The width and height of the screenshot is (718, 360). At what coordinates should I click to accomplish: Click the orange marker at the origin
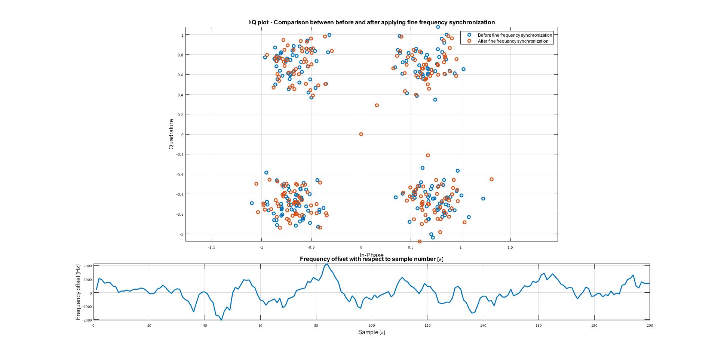[x=361, y=134]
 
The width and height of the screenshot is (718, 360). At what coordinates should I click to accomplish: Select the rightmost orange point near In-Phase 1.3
[x=491, y=179]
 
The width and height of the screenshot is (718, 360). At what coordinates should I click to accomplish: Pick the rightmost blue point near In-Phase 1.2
[x=483, y=199]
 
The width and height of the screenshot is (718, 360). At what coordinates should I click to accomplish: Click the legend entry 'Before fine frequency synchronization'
[x=515, y=35]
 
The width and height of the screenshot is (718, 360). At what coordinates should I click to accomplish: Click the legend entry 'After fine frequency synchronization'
[x=513, y=41]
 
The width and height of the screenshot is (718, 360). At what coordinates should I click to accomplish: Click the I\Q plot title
[x=371, y=22]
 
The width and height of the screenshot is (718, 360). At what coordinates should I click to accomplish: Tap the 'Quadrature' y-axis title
[x=171, y=134]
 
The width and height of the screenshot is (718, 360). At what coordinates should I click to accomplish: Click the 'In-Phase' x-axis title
[x=371, y=255]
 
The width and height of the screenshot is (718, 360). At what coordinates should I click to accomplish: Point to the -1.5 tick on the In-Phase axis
[x=212, y=247]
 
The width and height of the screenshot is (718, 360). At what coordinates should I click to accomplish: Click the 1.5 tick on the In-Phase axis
[x=510, y=247]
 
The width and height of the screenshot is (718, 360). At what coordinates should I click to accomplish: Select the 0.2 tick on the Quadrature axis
[x=181, y=114]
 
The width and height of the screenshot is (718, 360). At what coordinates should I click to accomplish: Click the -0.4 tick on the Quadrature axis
[x=180, y=174]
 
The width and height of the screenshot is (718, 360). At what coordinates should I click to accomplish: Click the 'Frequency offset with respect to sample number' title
[x=371, y=259]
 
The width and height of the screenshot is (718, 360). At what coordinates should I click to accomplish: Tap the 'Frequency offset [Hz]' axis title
[x=78, y=292]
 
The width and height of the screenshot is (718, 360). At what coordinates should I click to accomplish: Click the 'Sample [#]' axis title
[x=371, y=332]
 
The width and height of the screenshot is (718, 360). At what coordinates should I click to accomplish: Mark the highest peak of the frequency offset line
[x=327, y=264]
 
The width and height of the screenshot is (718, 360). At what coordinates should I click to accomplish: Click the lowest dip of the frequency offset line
[x=221, y=320]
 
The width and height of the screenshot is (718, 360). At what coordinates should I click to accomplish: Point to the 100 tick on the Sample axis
[x=372, y=326]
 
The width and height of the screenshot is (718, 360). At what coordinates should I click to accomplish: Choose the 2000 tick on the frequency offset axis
[x=88, y=266]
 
